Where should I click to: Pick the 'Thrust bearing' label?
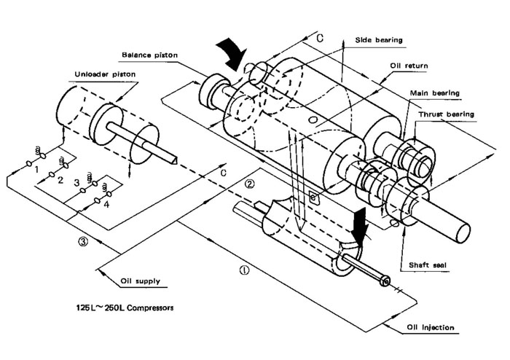447,114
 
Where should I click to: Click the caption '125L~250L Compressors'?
127,308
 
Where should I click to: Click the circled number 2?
249,184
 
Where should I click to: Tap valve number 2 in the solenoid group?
60,179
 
